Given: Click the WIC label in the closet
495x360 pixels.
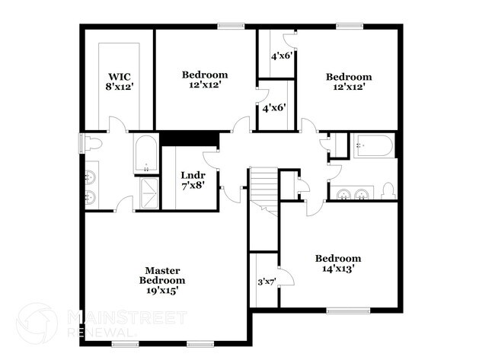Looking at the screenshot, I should click(x=120, y=77).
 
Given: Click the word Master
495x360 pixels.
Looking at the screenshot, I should click(x=162, y=270).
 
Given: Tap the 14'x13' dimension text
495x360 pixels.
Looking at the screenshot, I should click(x=338, y=269).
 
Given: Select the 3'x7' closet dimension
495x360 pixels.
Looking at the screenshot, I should click(x=265, y=282).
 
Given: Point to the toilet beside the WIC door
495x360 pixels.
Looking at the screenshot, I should click(x=91, y=144).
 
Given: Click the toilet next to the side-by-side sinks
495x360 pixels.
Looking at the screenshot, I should click(x=388, y=190).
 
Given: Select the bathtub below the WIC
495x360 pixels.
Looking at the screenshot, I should click(x=145, y=155).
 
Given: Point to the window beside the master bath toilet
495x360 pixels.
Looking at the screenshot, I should click(x=81, y=143).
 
